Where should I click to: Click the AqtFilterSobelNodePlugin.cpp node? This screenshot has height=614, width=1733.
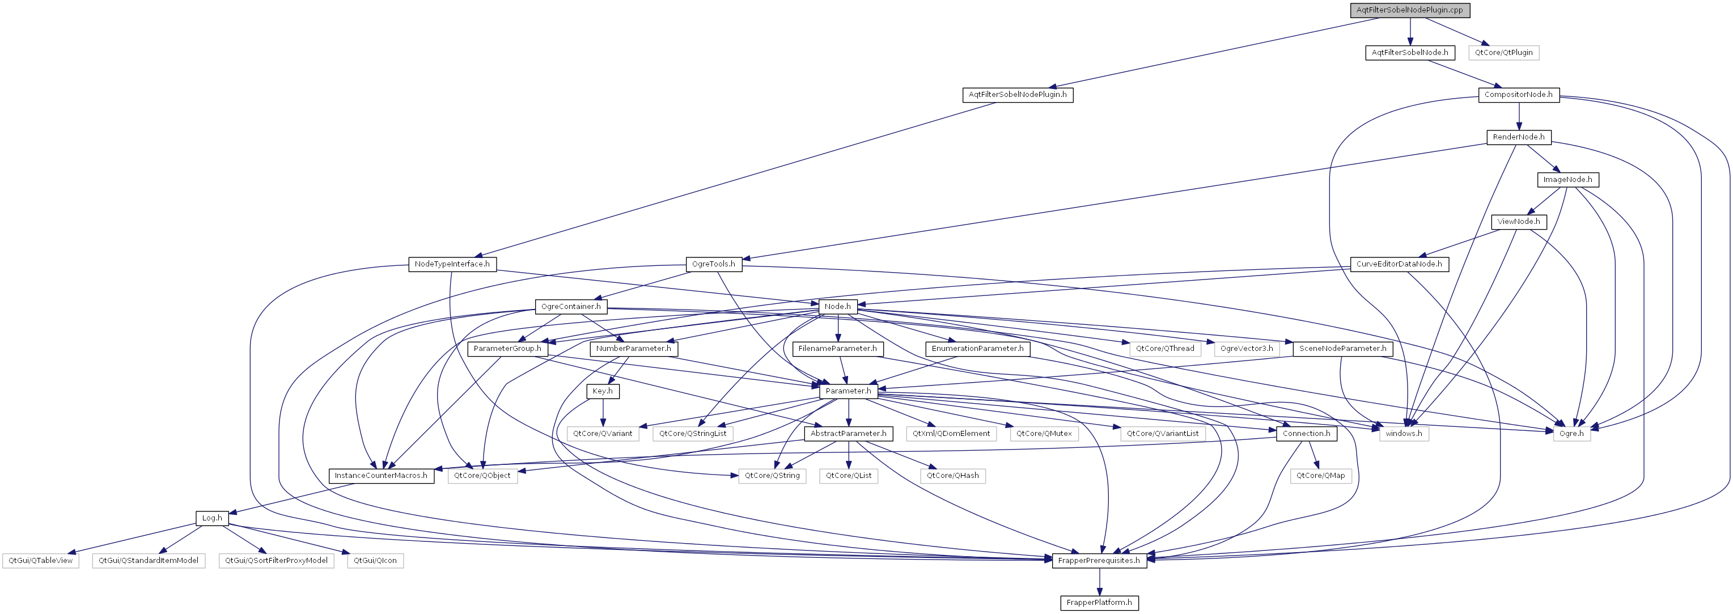(1409, 10)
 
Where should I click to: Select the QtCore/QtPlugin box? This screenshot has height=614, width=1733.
(1503, 53)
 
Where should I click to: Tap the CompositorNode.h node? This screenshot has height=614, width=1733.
(1518, 95)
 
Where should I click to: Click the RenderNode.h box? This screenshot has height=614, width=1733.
(1518, 137)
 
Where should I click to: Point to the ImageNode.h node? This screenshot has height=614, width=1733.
(1567, 180)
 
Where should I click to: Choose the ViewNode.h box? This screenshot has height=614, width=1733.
(1518, 222)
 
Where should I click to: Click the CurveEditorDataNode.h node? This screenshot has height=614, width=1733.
(1399, 264)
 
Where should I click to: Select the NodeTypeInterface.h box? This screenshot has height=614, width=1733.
(452, 264)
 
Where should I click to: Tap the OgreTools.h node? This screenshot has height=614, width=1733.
(713, 264)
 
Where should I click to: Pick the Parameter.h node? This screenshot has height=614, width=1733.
(848, 391)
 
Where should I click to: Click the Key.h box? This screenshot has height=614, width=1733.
(602, 391)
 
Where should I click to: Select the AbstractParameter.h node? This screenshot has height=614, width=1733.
(848, 434)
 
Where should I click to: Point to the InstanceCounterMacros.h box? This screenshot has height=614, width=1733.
(381, 476)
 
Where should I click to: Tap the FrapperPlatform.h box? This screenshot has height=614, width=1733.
(1099, 603)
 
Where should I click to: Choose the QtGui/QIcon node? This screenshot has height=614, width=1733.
(375, 561)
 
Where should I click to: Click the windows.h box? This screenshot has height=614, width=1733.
(1404, 434)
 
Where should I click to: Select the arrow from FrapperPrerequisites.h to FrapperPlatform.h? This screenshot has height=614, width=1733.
(1099, 582)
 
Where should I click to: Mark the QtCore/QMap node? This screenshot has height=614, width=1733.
(1320, 476)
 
